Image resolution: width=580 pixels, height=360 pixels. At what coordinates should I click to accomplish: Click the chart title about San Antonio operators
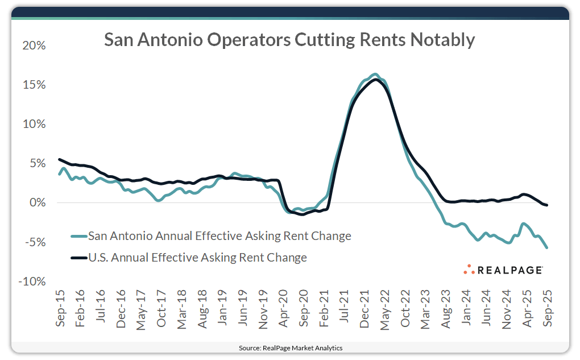(289, 40)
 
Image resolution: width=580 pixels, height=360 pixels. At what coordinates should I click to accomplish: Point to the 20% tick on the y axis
(34, 45)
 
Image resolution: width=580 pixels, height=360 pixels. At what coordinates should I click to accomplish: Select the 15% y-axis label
(34, 85)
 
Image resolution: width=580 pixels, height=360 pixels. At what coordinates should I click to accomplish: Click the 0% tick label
(37, 203)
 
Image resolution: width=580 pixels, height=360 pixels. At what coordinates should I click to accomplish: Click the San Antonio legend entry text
(219, 235)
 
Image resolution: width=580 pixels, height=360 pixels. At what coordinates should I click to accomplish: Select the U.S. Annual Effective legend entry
(197, 258)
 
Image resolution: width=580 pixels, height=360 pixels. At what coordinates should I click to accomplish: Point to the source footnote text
(290, 347)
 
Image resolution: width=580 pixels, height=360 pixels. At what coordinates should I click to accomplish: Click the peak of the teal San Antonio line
(374, 74)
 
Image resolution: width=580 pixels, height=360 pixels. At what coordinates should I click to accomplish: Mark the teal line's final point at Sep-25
(547, 247)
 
